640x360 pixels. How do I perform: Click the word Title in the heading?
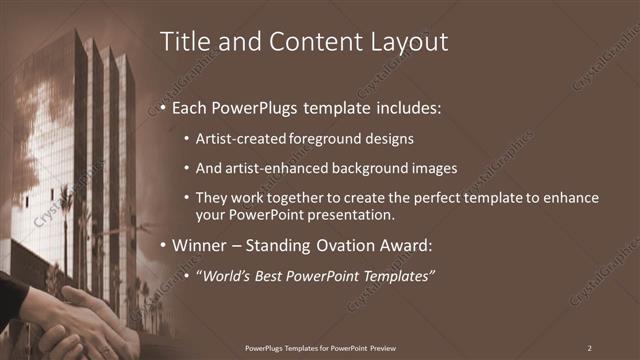click(183, 42)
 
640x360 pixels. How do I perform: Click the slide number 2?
click(589, 347)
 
